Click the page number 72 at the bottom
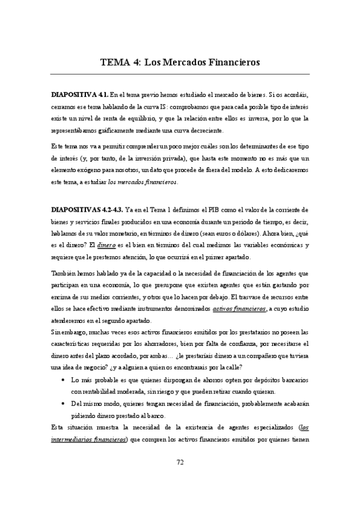tap(180, 479)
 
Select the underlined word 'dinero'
tap(106, 245)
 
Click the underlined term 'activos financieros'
tap(239, 309)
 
